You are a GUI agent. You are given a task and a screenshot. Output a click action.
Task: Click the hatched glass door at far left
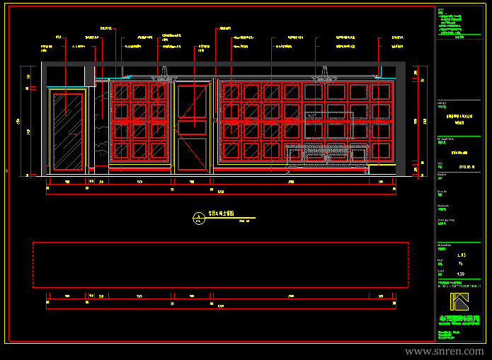66,131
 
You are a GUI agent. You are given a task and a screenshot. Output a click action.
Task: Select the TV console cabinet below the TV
327,156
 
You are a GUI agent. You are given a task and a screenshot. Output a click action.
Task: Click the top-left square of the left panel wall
120,92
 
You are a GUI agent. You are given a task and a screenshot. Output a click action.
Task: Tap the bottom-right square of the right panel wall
381,151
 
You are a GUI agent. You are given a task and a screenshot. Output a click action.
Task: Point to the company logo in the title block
460,301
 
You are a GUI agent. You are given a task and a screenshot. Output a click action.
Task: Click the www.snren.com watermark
444,351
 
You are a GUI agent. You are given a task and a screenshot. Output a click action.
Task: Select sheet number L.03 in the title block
462,253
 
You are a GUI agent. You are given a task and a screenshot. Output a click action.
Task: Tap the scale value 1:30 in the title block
461,274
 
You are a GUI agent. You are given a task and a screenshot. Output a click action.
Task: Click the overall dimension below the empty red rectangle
220,306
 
